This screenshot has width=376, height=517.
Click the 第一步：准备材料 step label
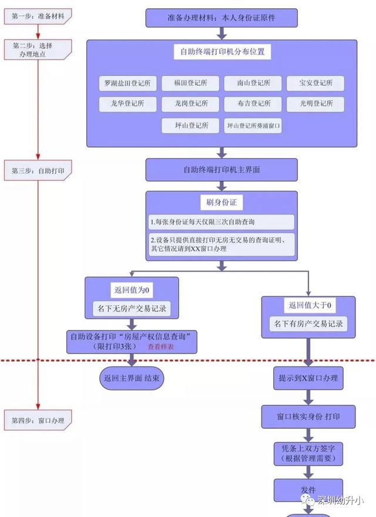[38, 16]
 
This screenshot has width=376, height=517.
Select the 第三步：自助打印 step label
[38, 171]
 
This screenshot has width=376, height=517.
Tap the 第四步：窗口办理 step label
[38, 421]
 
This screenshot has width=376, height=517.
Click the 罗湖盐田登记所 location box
[127, 83]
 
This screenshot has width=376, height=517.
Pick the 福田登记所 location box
[190, 83]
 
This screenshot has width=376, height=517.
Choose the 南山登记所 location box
[253, 83]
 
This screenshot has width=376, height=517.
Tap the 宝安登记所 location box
[315, 83]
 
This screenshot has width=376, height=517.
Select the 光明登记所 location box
[315, 104]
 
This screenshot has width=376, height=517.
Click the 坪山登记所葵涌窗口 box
[253, 126]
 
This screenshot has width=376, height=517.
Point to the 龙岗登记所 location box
[190, 104]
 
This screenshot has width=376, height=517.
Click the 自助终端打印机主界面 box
[221, 170]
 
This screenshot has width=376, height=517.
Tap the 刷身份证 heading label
[221, 202]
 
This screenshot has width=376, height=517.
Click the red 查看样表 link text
[160, 346]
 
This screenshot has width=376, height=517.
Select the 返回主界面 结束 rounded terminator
[132, 378]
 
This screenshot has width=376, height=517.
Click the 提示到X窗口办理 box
[308, 378]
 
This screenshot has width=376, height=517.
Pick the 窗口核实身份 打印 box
[308, 417]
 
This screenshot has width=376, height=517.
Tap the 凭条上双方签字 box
[308, 453]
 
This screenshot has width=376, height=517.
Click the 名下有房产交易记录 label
[308, 323]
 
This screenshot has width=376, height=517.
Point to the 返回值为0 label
[132, 290]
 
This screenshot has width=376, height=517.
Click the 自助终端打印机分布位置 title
[222, 52]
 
